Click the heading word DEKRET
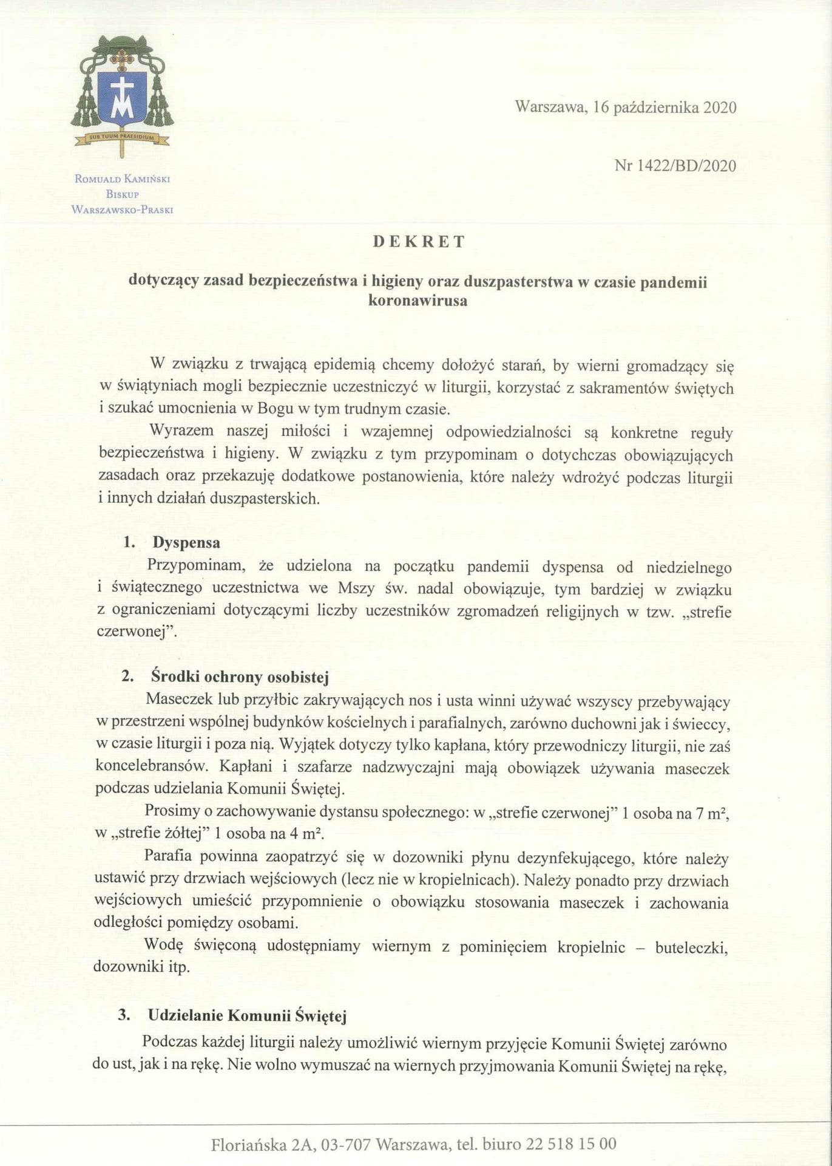tap(419, 242)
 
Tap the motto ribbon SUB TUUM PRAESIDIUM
tap(123, 137)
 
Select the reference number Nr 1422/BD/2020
tap(675, 165)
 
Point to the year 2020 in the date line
tap(719, 107)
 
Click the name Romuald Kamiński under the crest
tap(123, 179)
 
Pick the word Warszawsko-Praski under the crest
tap(123, 210)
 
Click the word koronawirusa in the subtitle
tap(418, 300)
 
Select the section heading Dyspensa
tap(186, 542)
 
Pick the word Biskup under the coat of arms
tap(123, 194)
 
